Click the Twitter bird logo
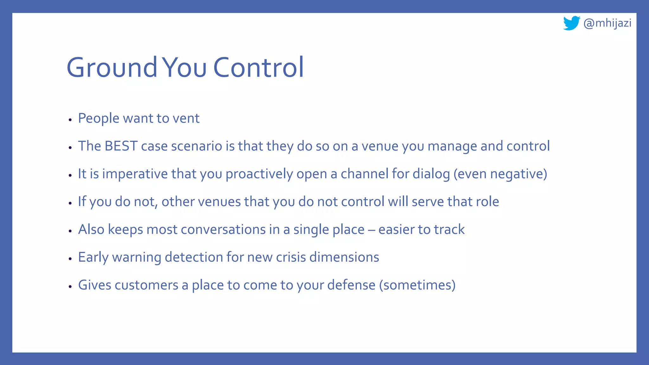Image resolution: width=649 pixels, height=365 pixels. (571, 23)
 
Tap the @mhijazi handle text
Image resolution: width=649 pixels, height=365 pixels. (607, 23)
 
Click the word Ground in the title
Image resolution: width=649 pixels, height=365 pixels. (112, 67)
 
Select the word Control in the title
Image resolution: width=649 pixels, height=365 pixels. (258, 67)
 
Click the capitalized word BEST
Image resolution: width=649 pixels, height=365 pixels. (121, 146)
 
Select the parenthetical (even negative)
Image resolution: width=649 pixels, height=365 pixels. (500, 174)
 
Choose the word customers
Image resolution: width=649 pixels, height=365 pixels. (146, 285)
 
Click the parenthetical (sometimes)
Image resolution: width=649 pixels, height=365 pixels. (417, 285)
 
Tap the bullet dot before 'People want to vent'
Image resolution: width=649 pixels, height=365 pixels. (70, 120)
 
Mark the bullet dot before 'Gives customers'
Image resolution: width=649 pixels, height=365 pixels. (70, 286)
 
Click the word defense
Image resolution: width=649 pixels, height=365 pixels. (351, 285)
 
